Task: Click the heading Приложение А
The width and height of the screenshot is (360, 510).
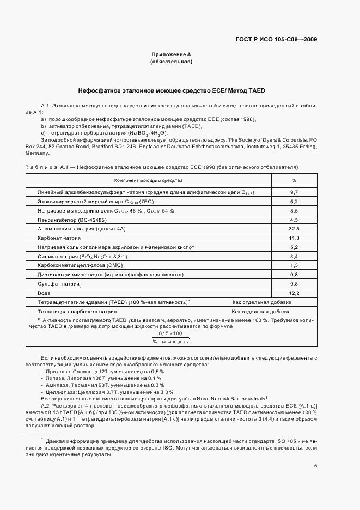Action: (171, 54)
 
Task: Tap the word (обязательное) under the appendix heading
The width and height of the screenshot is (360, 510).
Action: (171, 62)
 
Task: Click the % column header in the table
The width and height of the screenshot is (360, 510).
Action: (294, 180)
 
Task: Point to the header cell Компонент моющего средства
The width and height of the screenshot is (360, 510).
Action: (148, 180)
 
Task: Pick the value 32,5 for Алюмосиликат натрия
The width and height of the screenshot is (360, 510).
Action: (294, 229)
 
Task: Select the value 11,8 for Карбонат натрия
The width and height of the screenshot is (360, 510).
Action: (294, 239)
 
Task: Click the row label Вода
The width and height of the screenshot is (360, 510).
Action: (44, 293)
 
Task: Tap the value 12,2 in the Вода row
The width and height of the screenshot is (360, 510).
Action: (294, 293)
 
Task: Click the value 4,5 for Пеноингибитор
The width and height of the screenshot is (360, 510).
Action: (294, 220)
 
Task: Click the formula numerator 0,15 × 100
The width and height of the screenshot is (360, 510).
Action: (170, 333)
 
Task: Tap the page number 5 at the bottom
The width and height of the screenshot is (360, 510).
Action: (316, 465)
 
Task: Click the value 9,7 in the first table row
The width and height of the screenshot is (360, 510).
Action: (294, 193)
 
